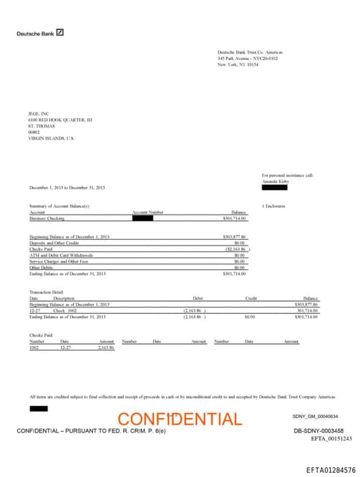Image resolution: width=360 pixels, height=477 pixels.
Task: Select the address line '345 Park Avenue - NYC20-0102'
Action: point(247,58)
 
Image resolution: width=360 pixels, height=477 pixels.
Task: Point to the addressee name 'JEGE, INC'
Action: point(39,114)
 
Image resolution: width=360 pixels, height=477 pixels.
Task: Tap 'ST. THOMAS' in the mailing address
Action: point(41,126)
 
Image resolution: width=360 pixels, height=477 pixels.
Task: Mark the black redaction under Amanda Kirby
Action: point(274,187)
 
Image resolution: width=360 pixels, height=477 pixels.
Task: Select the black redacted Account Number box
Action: point(142,218)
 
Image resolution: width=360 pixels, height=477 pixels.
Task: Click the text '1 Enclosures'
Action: point(274,206)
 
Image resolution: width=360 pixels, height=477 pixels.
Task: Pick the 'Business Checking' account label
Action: point(46,218)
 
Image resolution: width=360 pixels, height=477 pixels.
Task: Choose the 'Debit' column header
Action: point(198,298)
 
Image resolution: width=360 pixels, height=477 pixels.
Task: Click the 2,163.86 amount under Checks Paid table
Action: point(105,348)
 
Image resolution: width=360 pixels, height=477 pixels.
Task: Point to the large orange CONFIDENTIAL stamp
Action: point(179,419)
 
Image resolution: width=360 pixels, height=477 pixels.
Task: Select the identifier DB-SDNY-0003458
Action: point(319,430)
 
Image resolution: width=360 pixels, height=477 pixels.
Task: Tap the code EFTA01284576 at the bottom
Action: point(330,469)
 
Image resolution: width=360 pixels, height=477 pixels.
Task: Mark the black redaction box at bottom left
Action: point(39,408)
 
